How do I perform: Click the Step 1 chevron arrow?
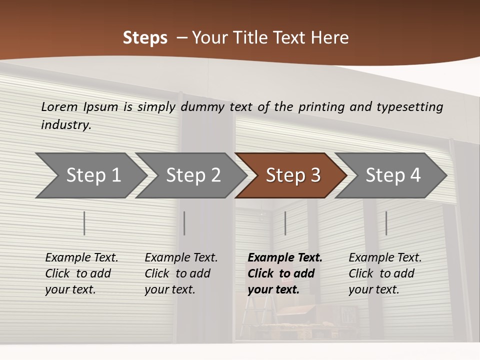(93, 175)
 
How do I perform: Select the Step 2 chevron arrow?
(193, 175)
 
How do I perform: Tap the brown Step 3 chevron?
(292, 175)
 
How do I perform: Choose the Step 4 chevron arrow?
(392, 175)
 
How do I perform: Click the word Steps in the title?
(145, 38)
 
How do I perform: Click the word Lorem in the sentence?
(59, 106)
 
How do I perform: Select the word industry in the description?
(66, 124)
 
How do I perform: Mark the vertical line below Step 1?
(84, 223)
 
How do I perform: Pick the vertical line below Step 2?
(184, 223)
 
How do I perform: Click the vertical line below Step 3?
(285, 223)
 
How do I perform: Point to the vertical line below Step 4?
(386, 223)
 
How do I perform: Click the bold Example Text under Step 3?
(285, 258)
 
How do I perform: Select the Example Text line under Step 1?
(81, 258)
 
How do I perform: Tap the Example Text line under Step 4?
(385, 258)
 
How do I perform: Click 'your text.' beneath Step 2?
(169, 289)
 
